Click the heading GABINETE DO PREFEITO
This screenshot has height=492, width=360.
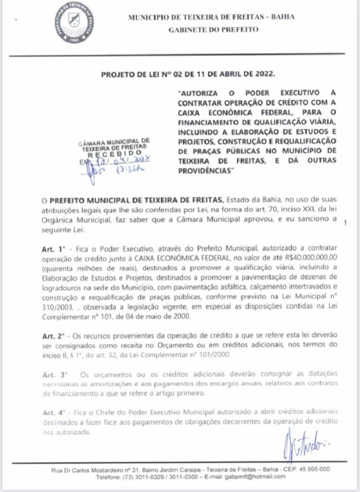pos(213,30)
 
